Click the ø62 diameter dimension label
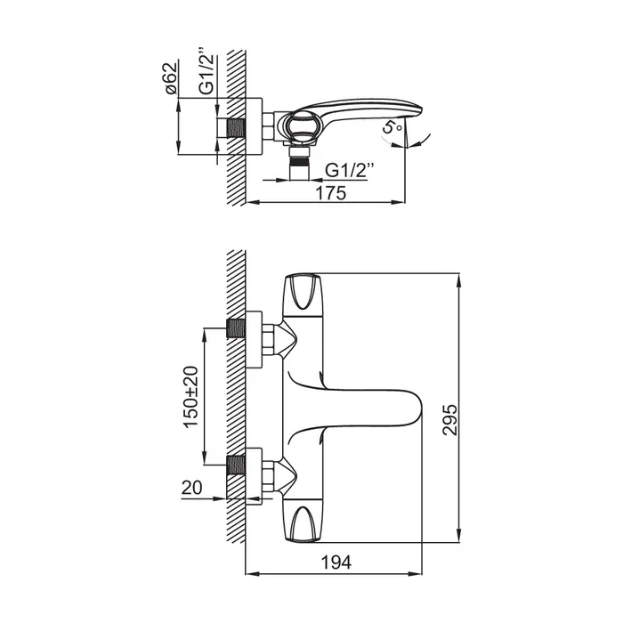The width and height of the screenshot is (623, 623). tap(171, 78)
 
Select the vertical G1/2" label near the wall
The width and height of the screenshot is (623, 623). tap(206, 74)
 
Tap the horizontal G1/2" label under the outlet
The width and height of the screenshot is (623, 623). tap(349, 171)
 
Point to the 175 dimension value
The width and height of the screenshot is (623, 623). tap(331, 193)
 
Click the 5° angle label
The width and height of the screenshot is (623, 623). tap(392, 127)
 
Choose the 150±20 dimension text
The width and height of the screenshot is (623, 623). tap(191, 397)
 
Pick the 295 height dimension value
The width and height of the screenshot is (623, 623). tap(450, 420)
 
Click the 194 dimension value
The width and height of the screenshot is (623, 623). tap(336, 562)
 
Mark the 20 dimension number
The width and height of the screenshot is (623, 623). tap(192, 488)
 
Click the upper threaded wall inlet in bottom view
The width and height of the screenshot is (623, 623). tap(236, 328)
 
